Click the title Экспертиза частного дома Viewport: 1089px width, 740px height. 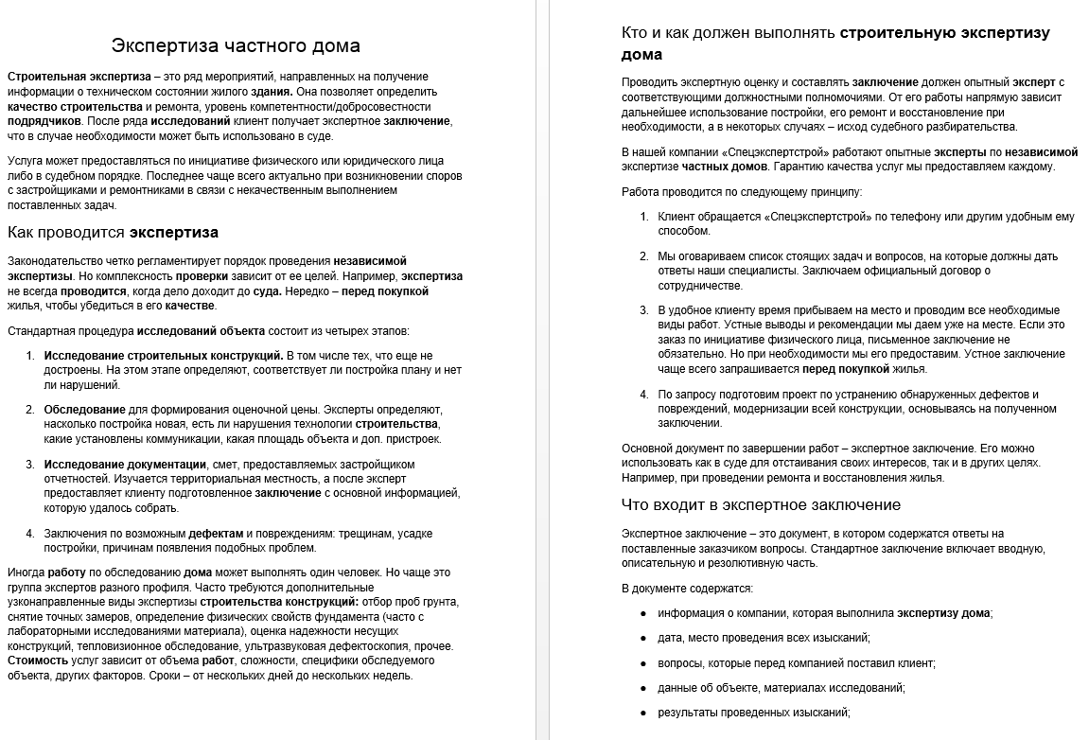(x=236, y=45)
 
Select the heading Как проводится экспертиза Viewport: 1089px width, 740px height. (x=113, y=232)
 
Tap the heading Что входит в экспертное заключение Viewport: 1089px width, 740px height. (x=761, y=504)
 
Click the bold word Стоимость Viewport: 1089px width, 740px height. (x=38, y=660)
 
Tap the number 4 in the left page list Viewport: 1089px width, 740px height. (x=30, y=534)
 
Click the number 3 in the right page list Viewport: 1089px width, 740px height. (x=643, y=310)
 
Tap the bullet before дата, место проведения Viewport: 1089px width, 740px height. (x=643, y=638)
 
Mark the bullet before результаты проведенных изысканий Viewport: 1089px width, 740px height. (x=643, y=713)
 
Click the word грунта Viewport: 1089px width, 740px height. (x=441, y=602)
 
